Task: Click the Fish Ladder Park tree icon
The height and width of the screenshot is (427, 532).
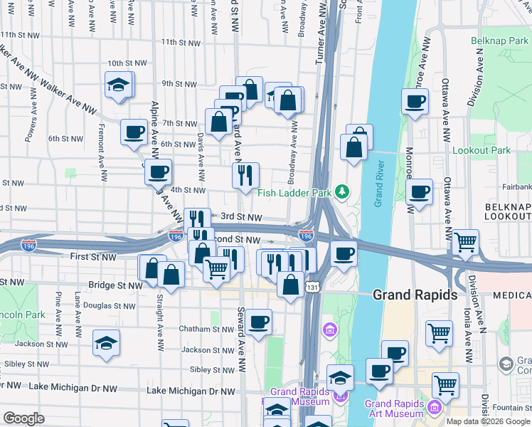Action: point(343,192)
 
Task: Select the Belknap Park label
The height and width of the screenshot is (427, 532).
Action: point(500,41)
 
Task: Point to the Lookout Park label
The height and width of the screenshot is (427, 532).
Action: point(482,151)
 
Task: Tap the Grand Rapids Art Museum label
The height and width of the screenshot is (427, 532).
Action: point(394,408)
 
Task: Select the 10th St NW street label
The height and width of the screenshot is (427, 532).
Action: point(127,63)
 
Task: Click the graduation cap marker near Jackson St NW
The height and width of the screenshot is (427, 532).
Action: point(106,343)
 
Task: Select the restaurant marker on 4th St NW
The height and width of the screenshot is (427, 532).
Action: point(245,175)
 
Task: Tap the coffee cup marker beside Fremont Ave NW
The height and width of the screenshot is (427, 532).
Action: point(134,132)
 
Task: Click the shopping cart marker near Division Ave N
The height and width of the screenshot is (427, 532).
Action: point(465,243)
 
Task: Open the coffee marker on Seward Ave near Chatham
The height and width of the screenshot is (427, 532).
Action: point(258,322)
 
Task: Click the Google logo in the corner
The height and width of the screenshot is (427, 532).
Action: point(24,418)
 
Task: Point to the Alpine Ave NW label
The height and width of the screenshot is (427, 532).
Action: point(155,128)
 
